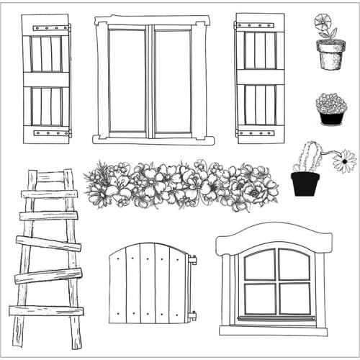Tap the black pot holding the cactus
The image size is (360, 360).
[x=305, y=184]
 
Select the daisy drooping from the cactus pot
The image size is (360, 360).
[x=345, y=161]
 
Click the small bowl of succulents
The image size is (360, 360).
[x=331, y=109]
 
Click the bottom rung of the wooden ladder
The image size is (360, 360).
[x=46, y=310]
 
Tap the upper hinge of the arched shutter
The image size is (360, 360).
[x=192, y=260]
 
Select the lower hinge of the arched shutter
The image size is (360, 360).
[x=192, y=315]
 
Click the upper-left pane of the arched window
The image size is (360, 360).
[x=260, y=265]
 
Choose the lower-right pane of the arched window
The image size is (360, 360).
[x=294, y=298]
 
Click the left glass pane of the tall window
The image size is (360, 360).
[x=127, y=80]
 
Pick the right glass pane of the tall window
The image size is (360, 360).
[x=173, y=80]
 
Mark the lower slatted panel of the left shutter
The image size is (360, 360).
[x=45, y=106]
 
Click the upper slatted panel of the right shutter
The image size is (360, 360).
[x=260, y=50]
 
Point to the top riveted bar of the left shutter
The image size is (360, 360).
[x=45, y=29]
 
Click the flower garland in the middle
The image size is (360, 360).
[x=180, y=185]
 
